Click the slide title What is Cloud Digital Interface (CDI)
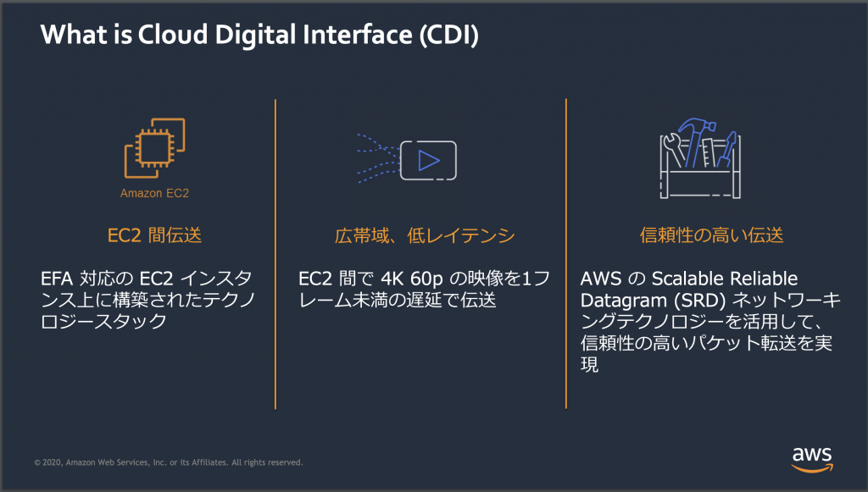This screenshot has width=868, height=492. [259, 36]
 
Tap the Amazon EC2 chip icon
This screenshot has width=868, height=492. [154, 149]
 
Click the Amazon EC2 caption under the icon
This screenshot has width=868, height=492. [154, 193]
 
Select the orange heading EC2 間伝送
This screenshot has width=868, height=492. [154, 235]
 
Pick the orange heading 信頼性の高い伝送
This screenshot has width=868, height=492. [698, 235]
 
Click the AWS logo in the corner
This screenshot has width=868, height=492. [811, 457]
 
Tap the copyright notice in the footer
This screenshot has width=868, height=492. [168, 462]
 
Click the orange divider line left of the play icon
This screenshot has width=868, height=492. [275, 254]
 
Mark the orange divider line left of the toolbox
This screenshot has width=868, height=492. [566, 254]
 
